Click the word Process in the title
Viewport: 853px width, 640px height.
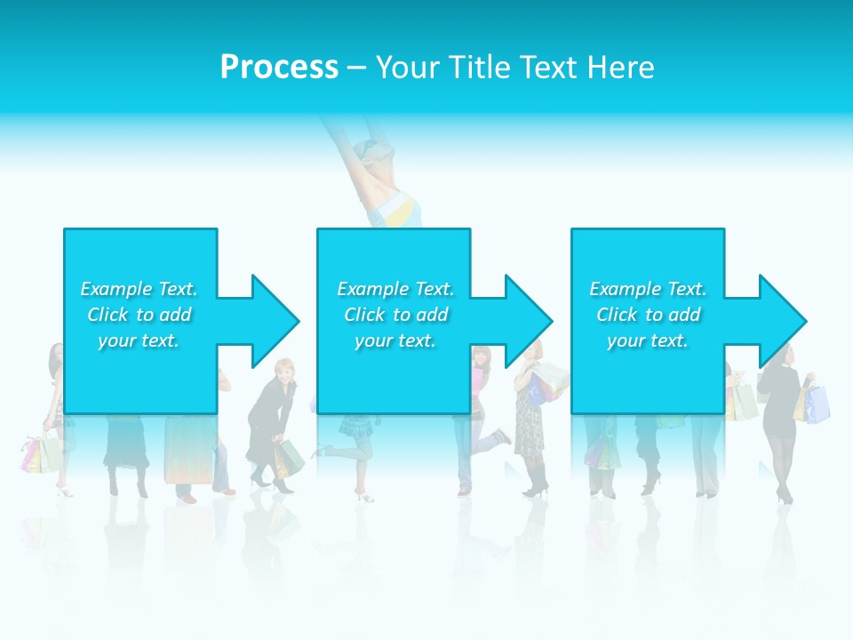(x=279, y=68)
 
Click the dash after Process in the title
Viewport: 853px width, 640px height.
(x=356, y=68)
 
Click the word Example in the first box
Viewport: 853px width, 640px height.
(x=116, y=289)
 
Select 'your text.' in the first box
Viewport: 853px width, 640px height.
(x=139, y=340)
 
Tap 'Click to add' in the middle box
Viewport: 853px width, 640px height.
(x=395, y=315)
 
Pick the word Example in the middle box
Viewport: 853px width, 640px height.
(x=372, y=289)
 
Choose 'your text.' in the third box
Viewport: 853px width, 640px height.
(x=648, y=340)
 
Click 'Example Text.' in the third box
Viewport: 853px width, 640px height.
(x=648, y=289)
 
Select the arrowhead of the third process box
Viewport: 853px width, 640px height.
(x=781, y=321)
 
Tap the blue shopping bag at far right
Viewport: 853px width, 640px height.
(x=818, y=404)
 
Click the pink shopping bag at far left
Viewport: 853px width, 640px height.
(x=31, y=456)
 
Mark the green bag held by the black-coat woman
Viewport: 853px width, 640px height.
(x=291, y=459)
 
